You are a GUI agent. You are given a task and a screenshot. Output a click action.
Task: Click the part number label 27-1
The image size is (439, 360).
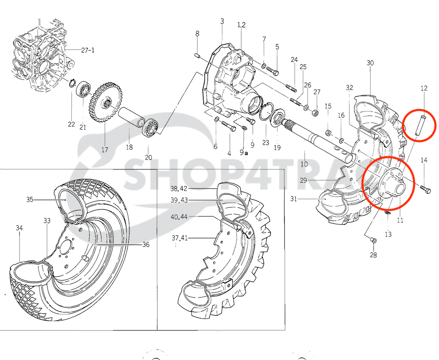88,50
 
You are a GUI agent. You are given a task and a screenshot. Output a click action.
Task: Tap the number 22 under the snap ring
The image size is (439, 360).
71,124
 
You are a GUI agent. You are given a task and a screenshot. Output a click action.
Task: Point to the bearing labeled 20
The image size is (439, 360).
151,127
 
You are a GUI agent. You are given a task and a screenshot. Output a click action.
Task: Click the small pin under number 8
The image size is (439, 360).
198,54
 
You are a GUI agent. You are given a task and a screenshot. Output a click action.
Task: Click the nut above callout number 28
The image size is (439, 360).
373,240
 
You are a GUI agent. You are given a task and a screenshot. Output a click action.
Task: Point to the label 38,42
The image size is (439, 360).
179,188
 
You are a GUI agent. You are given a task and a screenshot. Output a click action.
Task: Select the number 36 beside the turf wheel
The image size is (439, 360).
145,245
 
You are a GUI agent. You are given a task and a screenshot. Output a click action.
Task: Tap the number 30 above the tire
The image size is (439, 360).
370,63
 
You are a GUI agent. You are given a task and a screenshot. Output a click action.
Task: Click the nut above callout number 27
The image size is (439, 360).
316,112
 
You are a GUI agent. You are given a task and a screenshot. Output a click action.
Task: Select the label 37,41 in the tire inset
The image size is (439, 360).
179,238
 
